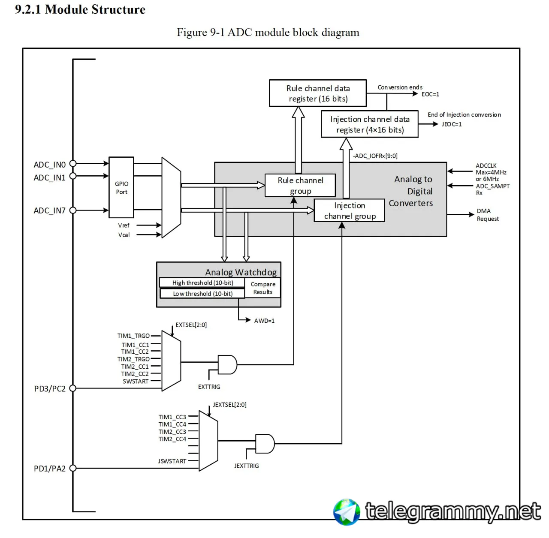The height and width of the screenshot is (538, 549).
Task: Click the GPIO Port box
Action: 121,188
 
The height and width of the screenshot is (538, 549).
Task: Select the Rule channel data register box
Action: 318,93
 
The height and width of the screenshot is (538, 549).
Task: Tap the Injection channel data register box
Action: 370,124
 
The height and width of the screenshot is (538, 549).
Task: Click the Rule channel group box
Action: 300,186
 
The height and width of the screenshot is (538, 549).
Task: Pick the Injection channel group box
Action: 350,210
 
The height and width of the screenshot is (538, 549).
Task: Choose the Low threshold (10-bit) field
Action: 202,294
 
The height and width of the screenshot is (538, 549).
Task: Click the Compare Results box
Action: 263,288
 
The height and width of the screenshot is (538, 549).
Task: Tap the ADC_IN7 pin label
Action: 50,210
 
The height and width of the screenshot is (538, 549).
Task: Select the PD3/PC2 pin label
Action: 50,389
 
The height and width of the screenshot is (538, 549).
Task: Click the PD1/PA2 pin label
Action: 50,469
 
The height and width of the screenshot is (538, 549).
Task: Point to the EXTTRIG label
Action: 209,387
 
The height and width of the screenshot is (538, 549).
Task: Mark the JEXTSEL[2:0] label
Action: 229,405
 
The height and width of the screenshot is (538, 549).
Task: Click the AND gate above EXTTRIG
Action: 227,364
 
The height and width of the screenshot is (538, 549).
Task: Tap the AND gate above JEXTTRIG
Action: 265,444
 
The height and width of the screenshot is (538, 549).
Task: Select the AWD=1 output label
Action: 264,321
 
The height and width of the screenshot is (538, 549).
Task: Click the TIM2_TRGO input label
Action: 133,359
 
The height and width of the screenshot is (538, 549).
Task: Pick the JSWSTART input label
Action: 172,461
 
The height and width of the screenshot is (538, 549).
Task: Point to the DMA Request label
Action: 488,215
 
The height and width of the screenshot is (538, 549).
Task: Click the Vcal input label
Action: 124,235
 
